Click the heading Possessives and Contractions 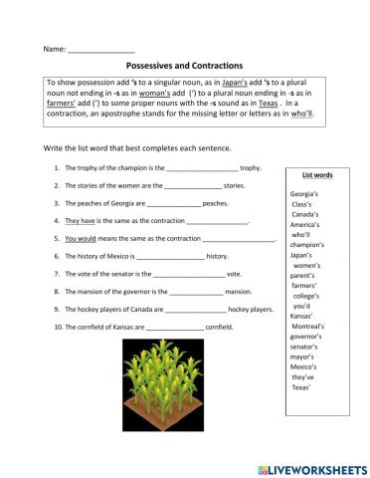pos(185,65)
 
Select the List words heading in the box pos(317,174)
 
